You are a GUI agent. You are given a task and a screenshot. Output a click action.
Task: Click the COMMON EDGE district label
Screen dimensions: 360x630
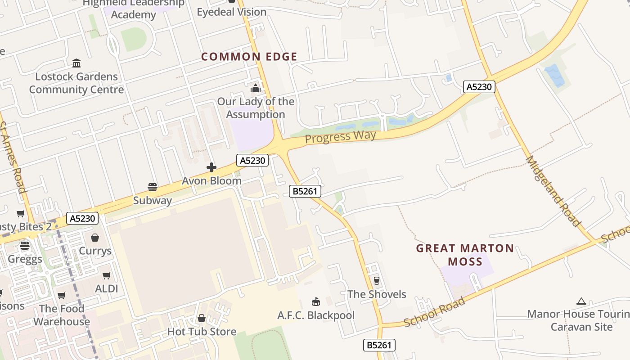[249, 57]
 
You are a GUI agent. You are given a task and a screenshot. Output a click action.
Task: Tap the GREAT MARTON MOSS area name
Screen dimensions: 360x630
[465, 255]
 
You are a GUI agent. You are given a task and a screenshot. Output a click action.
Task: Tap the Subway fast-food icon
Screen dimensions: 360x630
[153, 187]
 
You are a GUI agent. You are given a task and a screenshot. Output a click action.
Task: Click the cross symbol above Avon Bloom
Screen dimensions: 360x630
[211, 168]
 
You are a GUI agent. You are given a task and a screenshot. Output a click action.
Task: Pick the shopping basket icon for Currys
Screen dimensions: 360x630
[95, 238]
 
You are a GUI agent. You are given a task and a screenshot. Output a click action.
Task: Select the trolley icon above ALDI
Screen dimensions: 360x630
[107, 275]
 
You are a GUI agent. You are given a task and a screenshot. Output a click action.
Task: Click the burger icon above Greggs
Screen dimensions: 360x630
[25, 246]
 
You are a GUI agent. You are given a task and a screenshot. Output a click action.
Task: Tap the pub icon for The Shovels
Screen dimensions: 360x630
[376, 281]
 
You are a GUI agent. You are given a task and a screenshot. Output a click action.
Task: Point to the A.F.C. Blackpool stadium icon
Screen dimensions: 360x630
[316, 302]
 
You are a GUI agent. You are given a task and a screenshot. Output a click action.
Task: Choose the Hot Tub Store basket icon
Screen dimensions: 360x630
[202, 318]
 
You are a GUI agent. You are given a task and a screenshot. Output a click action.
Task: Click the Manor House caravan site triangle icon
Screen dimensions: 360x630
[581, 301]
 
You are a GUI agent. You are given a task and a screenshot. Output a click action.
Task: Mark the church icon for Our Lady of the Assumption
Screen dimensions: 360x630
[256, 88]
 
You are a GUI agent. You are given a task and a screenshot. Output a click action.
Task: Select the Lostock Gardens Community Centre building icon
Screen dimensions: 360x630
[76, 63]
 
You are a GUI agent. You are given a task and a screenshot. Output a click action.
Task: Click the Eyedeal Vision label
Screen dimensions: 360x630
[231, 12]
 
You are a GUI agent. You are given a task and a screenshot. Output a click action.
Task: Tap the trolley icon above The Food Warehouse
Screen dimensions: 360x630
[61, 296]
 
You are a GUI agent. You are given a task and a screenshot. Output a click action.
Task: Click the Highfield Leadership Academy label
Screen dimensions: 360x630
[133, 9]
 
